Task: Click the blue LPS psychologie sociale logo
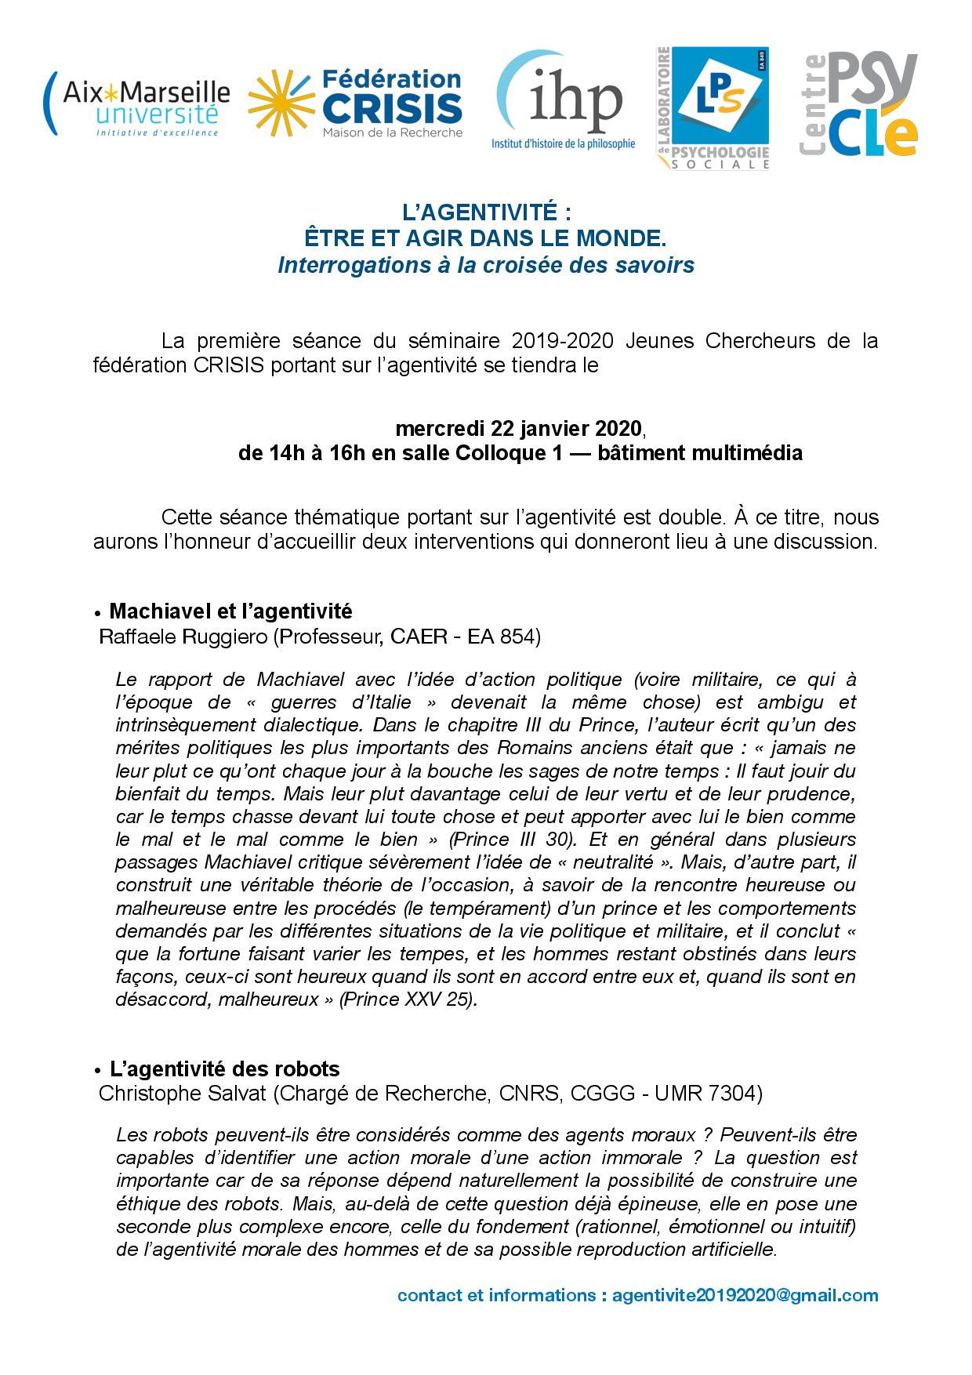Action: (x=712, y=107)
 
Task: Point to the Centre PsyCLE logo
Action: (x=858, y=106)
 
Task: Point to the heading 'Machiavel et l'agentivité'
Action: (x=230, y=611)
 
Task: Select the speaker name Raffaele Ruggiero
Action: (x=183, y=637)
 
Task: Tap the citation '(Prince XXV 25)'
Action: (x=408, y=1000)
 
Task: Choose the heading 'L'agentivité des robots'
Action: (x=224, y=1068)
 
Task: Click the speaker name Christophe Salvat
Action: (x=183, y=1094)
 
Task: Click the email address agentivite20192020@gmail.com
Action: (x=745, y=1294)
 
